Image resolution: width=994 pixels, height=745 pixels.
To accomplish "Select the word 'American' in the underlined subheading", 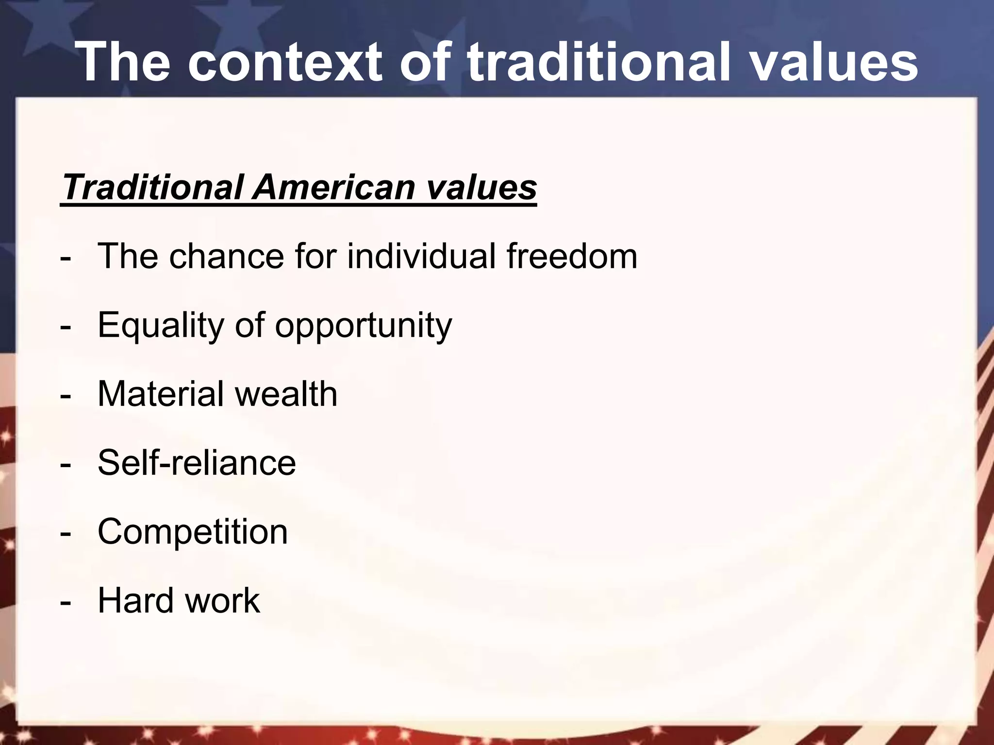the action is point(333,187).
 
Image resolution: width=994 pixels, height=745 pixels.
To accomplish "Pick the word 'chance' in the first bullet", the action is point(227,256).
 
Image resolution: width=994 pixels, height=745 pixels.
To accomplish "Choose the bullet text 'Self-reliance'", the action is point(197,462).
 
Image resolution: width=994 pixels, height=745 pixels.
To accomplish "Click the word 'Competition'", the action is point(193,532).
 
